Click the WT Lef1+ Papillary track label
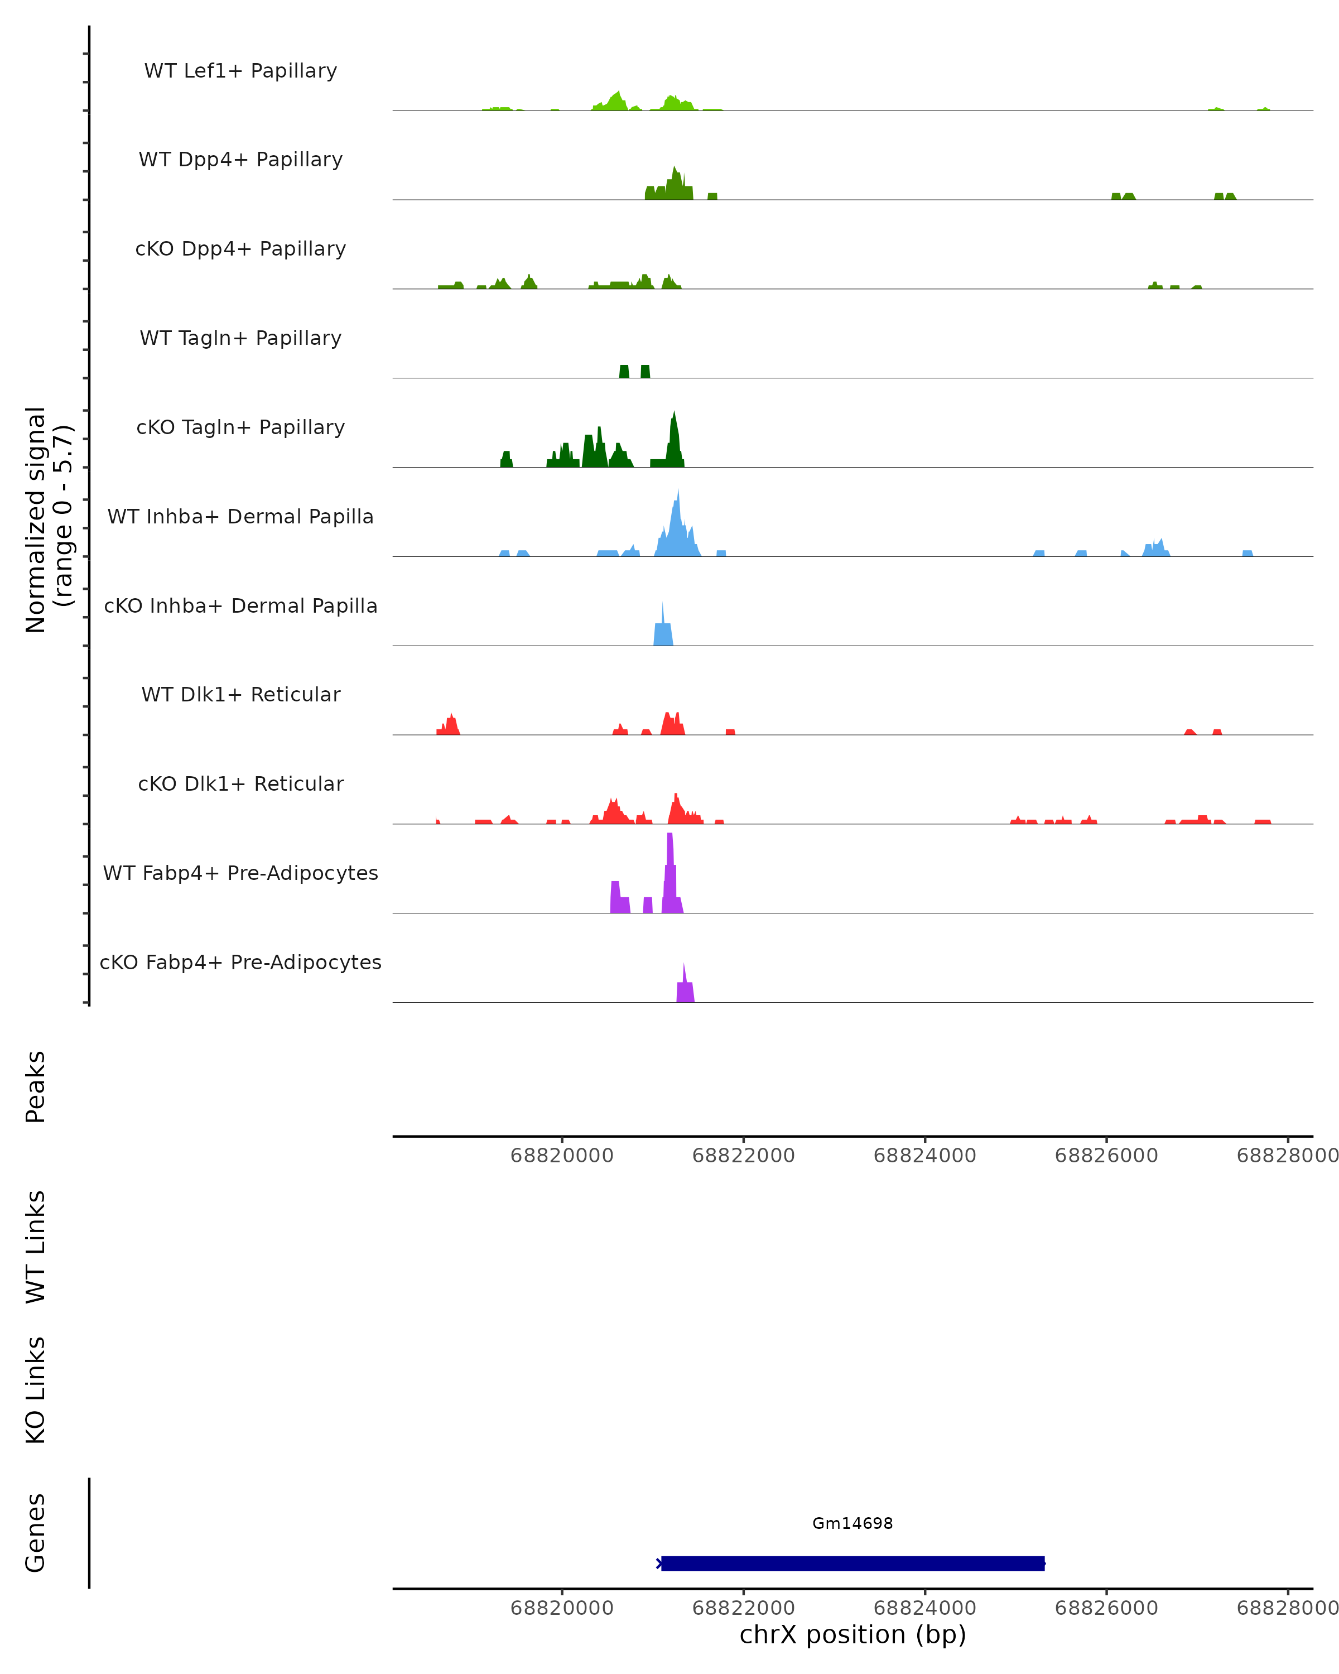[x=240, y=71]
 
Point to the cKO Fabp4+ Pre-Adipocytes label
[x=240, y=962]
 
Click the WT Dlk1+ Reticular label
[x=240, y=694]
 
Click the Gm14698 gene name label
[x=852, y=1523]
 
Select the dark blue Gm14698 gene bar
[x=852, y=1563]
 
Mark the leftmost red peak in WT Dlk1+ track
[x=450, y=725]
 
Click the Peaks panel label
[x=36, y=1086]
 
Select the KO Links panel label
[x=36, y=1390]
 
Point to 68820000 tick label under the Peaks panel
[x=561, y=1156]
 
